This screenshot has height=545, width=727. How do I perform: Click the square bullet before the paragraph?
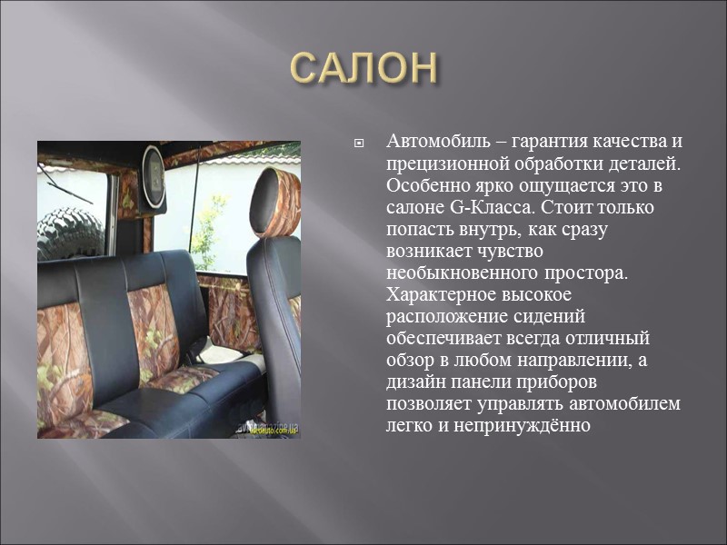[x=359, y=144]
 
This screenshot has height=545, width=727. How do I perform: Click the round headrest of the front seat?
[x=276, y=192]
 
